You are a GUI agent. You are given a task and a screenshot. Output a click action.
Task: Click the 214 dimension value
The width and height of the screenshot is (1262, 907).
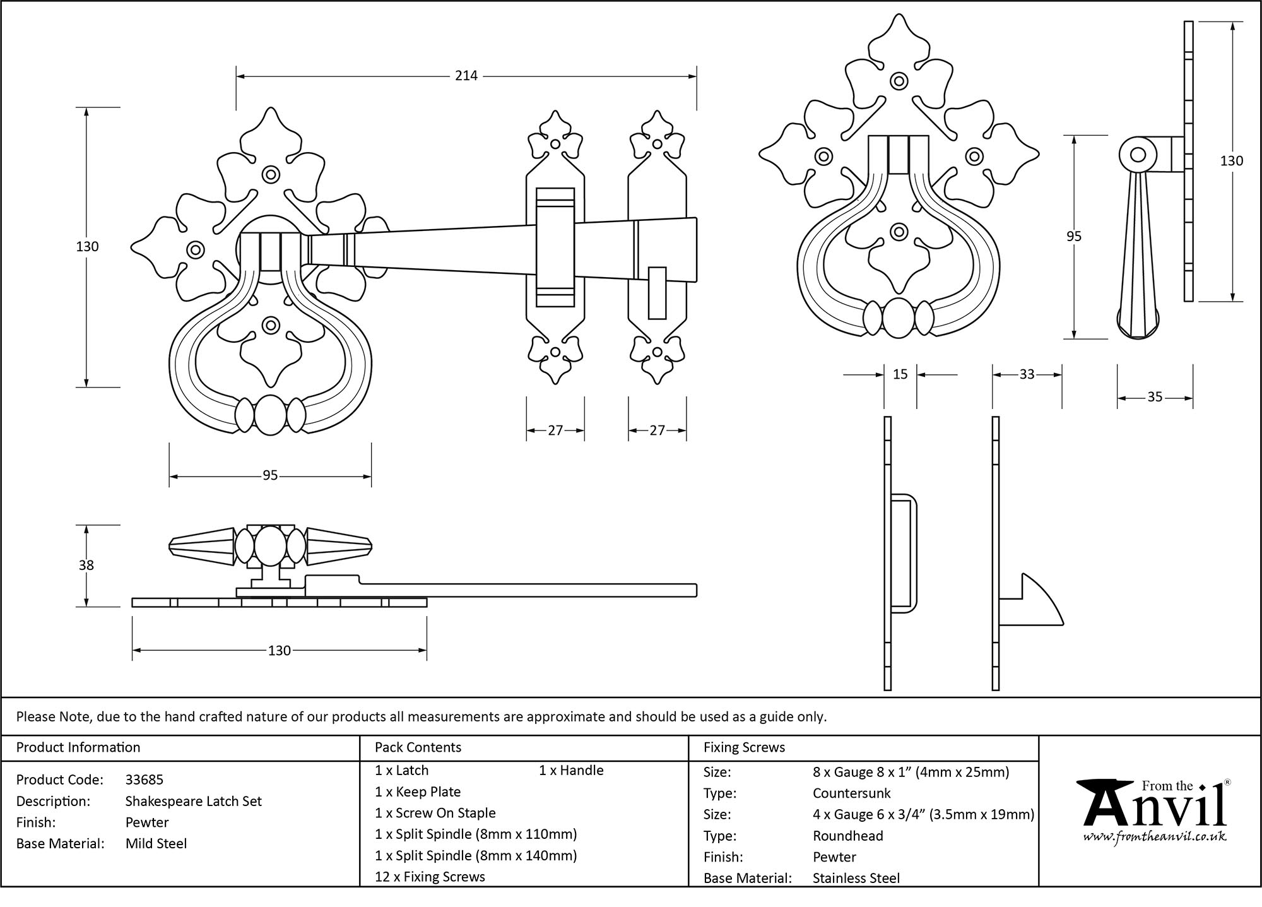click(x=466, y=76)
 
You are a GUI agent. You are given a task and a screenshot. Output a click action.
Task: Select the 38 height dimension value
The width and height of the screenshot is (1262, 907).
click(x=86, y=565)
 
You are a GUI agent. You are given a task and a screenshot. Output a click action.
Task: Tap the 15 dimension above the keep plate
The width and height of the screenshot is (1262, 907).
click(x=900, y=374)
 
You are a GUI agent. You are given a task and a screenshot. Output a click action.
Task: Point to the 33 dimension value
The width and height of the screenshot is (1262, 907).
click(x=1027, y=374)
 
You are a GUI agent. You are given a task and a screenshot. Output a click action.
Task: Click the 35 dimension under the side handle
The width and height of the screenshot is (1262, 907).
click(x=1154, y=397)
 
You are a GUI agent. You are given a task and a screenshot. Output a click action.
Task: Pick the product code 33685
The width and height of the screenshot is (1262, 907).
click(x=144, y=780)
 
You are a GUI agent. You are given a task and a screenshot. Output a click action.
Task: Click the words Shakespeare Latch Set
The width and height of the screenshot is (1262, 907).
click(x=193, y=801)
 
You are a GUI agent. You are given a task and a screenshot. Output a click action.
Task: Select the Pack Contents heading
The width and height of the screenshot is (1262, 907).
click(x=418, y=747)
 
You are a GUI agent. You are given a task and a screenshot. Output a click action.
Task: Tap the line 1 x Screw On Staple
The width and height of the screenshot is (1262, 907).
click(x=435, y=813)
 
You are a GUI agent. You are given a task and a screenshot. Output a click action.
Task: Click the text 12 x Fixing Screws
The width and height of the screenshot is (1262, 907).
click(x=430, y=877)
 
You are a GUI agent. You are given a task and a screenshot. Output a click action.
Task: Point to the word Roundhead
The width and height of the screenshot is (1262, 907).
click(x=847, y=836)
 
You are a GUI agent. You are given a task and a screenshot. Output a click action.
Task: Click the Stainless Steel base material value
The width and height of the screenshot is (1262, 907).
click(x=856, y=878)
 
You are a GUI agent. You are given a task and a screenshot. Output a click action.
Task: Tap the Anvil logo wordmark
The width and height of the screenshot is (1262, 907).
click(x=1155, y=809)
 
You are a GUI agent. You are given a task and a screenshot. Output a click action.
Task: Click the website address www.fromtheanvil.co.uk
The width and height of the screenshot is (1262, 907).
click(x=1155, y=837)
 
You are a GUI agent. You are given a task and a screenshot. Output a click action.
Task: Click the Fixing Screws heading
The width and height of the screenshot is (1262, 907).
click(x=744, y=747)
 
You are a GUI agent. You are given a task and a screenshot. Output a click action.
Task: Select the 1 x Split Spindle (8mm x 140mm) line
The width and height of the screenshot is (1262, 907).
click(x=476, y=855)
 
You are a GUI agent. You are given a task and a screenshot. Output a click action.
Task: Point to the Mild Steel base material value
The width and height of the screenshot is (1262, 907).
click(x=156, y=843)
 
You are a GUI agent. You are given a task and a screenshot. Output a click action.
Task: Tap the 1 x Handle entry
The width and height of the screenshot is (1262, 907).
click(x=571, y=770)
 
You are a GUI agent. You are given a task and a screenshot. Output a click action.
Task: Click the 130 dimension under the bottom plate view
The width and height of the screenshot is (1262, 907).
click(x=279, y=650)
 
